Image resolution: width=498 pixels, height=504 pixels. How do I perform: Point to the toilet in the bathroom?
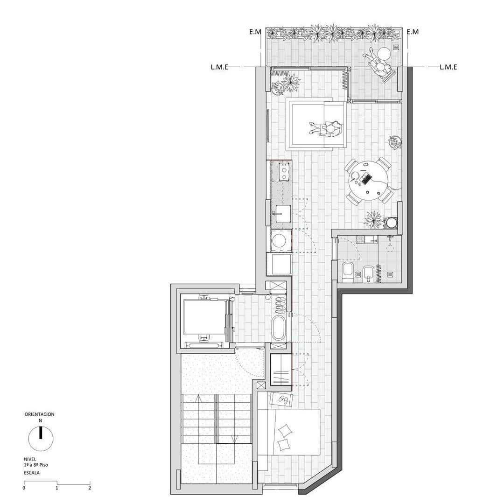(x=348, y=272)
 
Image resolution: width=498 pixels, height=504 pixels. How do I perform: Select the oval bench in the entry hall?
(x=278, y=328)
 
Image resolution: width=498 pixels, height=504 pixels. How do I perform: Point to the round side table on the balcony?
(x=384, y=53)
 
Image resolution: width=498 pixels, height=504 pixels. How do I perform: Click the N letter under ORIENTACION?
(x=40, y=420)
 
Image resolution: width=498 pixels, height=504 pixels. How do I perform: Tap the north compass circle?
(x=41, y=438)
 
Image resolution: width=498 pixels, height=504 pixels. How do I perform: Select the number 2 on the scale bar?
(x=90, y=488)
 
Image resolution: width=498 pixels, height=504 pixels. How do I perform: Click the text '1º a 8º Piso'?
(x=36, y=465)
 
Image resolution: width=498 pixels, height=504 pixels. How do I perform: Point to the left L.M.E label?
(x=219, y=67)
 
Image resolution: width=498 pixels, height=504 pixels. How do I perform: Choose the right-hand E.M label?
(x=413, y=32)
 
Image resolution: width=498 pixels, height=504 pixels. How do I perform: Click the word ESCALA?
(x=32, y=473)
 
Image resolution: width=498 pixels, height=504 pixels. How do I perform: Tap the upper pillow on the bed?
(x=285, y=430)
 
